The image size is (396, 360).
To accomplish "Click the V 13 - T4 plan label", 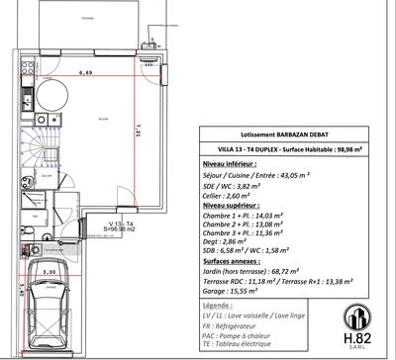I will coord(123,225).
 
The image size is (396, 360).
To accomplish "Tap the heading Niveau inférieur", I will coord(231,160).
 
